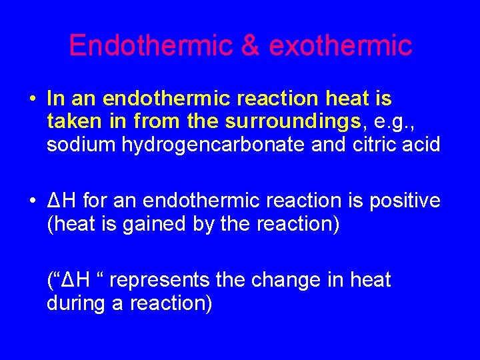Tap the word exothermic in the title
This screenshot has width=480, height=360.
[x=341, y=45]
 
